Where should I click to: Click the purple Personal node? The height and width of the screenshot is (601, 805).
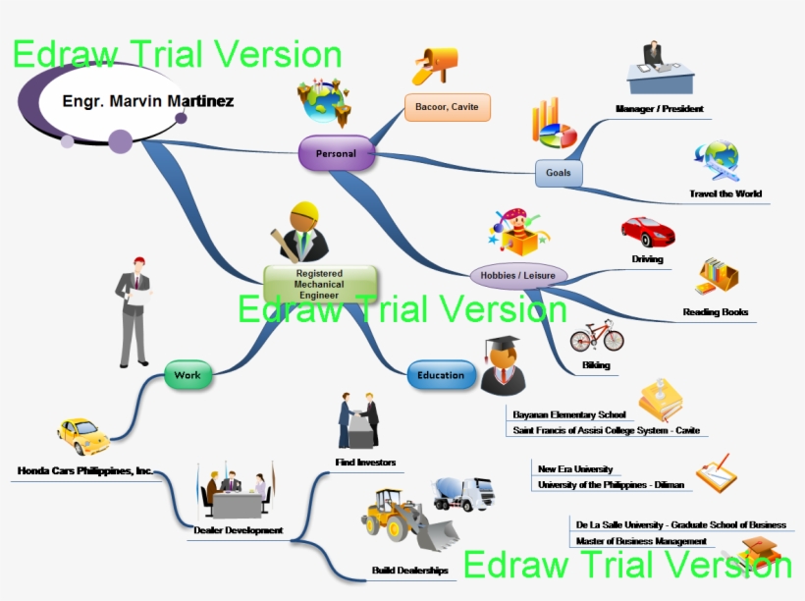(337, 153)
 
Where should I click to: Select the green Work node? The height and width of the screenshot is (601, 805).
(188, 375)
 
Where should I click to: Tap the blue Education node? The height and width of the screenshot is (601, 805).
(441, 375)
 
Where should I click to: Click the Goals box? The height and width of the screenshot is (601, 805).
(558, 173)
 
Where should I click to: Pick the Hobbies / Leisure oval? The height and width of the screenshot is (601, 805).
(518, 276)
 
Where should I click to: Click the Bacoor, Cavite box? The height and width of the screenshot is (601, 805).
(447, 107)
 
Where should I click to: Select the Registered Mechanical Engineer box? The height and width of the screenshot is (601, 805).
(319, 284)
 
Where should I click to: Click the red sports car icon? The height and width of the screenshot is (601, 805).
(647, 232)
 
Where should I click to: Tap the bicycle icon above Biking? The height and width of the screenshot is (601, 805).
(596, 337)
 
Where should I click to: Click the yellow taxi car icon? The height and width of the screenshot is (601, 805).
(83, 435)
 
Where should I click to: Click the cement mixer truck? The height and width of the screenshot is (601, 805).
(464, 492)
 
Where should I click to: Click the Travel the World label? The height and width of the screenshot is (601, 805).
(724, 194)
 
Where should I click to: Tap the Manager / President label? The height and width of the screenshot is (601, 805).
(659, 109)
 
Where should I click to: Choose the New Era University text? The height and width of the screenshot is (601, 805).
(575, 469)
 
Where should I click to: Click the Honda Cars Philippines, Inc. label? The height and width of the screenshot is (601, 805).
(85, 471)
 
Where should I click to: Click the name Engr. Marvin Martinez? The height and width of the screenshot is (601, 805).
(147, 101)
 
